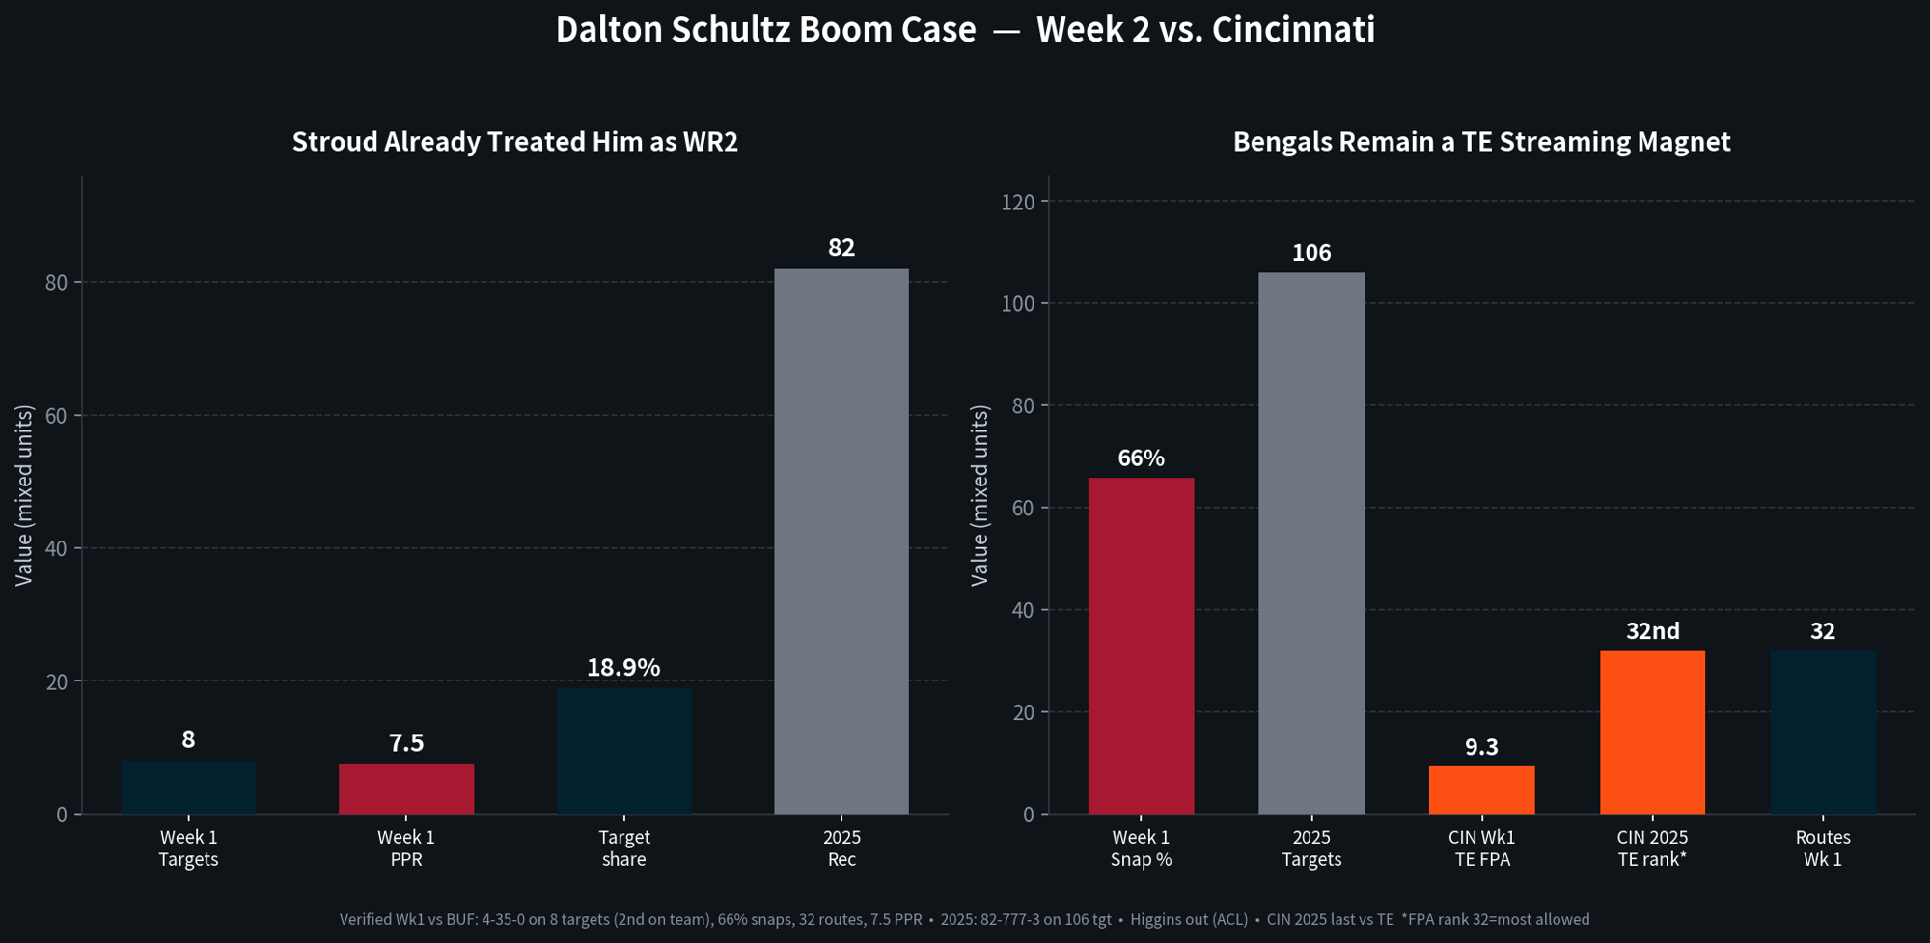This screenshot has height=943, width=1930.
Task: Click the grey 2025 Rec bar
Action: [x=841, y=541]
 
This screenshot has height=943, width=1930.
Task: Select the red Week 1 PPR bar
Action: [x=406, y=790]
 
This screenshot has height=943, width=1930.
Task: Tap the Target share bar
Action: [x=624, y=751]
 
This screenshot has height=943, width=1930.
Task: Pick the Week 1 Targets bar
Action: [x=189, y=788]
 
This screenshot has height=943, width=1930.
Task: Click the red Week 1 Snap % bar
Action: [x=1141, y=646]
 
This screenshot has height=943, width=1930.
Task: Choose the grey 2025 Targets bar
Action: [x=1311, y=543]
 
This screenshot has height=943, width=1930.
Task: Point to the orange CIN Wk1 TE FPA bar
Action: [x=1481, y=790]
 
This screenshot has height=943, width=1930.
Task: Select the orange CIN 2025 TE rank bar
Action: [x=1652, y=733]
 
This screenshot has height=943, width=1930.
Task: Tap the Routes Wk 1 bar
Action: [x=1823, y=733]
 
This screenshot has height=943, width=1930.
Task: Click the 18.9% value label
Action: [x=623, y=667]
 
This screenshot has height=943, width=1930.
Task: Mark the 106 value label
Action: [x=1311, y=253]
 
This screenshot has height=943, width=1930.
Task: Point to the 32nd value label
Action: [x=1652, y=631]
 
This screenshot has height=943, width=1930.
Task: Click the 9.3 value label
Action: [x=1481, y=747]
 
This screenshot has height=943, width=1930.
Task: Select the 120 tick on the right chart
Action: [x=1018, y=202]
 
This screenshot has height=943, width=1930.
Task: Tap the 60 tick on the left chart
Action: [x=56, y=416]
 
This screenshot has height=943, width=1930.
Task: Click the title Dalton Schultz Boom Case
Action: [x=765, y=30]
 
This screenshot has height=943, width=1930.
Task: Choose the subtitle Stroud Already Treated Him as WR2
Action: [x=515, y=142]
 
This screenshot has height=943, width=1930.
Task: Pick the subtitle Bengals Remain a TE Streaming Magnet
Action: [x=1481, y=142]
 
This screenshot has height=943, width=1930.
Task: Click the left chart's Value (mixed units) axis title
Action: [x=24, y=495]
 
